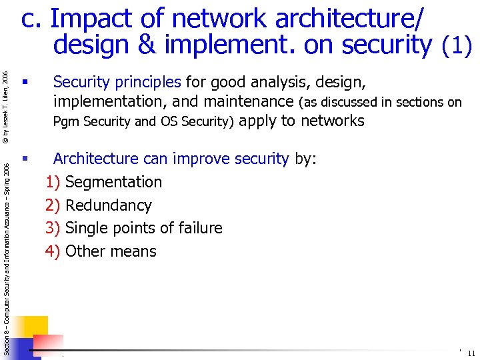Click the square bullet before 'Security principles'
24,83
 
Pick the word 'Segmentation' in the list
114,182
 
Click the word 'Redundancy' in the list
109,205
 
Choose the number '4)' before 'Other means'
53,252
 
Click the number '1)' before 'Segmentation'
53,182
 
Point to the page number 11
471,353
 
